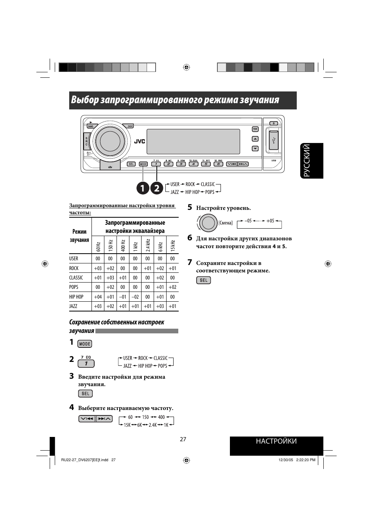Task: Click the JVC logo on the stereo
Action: [140, 141]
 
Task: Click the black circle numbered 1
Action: [143, 188]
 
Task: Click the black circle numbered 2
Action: [156, 188]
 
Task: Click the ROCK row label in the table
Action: [74, 268]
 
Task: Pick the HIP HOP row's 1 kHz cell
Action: [135, 297]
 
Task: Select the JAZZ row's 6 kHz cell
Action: [160, 306]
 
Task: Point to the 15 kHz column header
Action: [172, 246]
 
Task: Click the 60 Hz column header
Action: [98, 246]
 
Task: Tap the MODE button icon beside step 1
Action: [85, 344]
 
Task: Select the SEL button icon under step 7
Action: [203, 280]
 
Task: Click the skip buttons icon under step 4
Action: [95, 419]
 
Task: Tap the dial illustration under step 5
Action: [208, 223]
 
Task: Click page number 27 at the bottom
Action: [183, 439]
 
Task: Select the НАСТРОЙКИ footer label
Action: [276, 441]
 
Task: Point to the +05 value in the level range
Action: [270, 221]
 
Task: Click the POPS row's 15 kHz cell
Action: [172, 287]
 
